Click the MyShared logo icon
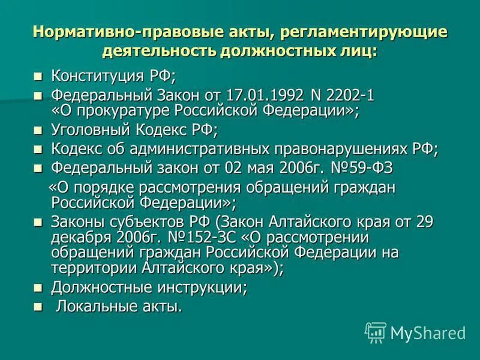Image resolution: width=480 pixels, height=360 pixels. (x=376, y=332)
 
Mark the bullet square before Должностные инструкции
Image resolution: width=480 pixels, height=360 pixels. (x=38, y=287)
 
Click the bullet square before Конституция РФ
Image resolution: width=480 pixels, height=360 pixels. (x=38, y=77)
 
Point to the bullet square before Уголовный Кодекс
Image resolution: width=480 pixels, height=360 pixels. (x=38, y=130)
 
